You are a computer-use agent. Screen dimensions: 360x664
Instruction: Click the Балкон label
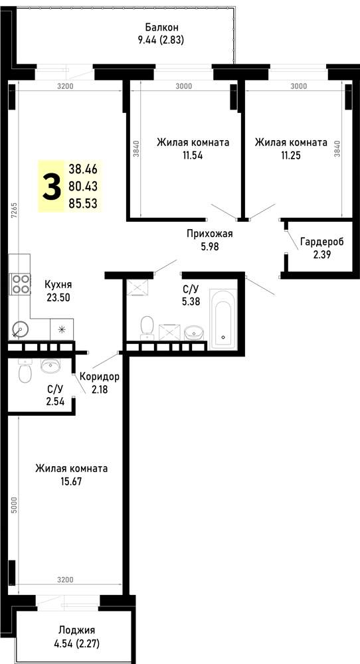tap(161, 27)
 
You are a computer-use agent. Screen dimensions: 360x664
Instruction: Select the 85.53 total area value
tap(83, 203)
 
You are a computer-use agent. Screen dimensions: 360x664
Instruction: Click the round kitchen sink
tap(19, 329)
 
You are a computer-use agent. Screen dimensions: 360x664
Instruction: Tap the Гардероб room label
tap(322, 242)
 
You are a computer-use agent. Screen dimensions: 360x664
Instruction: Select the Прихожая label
tap(210, 233)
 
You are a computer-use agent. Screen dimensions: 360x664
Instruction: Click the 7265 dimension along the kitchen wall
tap(15, 210)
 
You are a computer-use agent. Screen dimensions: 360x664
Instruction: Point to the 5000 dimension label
tap(15, 505)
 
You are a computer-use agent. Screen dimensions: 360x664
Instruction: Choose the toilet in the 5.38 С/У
tap(147, 327)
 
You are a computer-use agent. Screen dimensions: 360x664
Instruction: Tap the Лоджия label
tap(76, 629)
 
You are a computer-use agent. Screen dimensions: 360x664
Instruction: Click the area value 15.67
tap(71, 481)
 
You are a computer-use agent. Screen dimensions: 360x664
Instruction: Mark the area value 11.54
tap(193, 155)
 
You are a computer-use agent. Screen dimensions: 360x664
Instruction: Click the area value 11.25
tap(290, 155)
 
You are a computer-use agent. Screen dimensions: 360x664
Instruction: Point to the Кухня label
tap(58, 285)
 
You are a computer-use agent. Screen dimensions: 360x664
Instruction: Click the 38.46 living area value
tap(83, 169)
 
